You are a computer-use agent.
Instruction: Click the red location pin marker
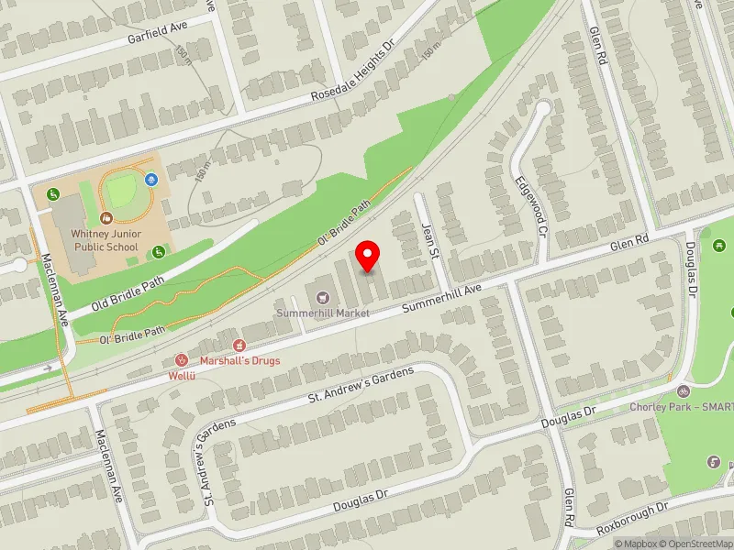pyautogui.click(x=368, y=257)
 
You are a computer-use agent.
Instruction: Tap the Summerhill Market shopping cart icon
pyautogui.click(x=321, y=297)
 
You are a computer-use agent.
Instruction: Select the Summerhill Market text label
pyautogui.click(x=325, y=313)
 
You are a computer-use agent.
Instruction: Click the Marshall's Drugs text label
pyautogui.click(x=240, y=360)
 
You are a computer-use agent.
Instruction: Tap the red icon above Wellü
pyautogui.click(x=182, y=359)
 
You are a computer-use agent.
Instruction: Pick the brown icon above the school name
pyautogui.click(x=106, y=218)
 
